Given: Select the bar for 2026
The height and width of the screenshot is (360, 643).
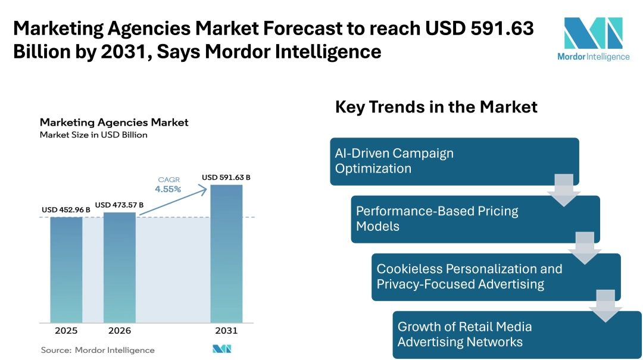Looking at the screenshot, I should click(120, 267).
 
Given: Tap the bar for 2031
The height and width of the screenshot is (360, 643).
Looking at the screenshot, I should click(226, 253).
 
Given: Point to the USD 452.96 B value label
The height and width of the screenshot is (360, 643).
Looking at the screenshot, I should click(66, 209).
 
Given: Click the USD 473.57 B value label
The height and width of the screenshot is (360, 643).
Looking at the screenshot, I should click(119, 205).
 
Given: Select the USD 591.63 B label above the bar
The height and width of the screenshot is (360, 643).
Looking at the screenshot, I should click(226, 177).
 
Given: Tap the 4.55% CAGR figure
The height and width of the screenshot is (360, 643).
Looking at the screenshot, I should click(168, 189).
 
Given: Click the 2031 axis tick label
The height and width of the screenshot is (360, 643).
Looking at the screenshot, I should click(226, 331).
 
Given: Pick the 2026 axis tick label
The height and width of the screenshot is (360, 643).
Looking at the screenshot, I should click(120, 331).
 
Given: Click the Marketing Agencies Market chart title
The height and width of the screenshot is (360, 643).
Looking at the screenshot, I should click(114, 122).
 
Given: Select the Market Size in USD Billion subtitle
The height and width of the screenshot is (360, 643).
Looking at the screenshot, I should click(93, 135).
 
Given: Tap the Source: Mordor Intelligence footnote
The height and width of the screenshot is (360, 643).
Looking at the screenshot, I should click(98, 350).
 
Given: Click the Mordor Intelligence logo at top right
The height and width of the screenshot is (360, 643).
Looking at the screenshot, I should click(593, 38).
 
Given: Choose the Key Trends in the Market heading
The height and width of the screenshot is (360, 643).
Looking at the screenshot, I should click(436, 107).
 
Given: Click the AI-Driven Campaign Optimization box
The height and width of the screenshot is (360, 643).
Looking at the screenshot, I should click(454, 161).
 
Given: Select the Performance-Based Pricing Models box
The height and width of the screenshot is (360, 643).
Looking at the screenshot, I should click(475, 219).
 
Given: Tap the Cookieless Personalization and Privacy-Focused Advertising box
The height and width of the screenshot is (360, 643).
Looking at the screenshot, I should click(496, 277).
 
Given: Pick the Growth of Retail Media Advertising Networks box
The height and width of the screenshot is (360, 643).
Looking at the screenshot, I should click(517, 334).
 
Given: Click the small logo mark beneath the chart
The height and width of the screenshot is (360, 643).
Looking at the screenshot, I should click(221, 349).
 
